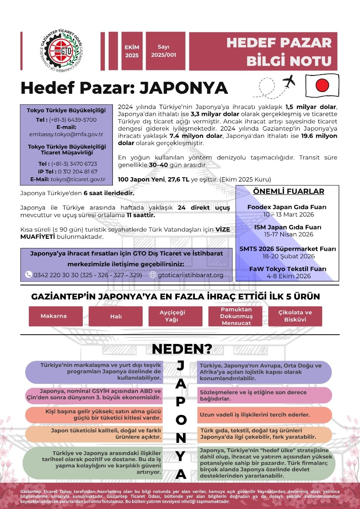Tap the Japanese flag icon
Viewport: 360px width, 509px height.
point(322,84)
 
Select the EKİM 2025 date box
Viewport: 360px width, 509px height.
point(132,51)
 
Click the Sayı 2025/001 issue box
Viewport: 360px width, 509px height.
point(163,51)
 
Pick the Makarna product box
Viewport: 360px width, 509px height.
point(53,316)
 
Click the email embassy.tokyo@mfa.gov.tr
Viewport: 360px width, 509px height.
point(67,134)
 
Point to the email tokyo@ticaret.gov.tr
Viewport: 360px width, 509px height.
point(79,179)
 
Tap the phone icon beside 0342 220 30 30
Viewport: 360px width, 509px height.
point(28,274)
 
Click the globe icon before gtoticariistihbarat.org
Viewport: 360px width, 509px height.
point(153,274)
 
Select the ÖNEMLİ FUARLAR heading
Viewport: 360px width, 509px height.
point(288,191)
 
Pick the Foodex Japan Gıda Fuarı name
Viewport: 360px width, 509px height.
point(287,207)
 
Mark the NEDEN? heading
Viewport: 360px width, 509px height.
point(182,349)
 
